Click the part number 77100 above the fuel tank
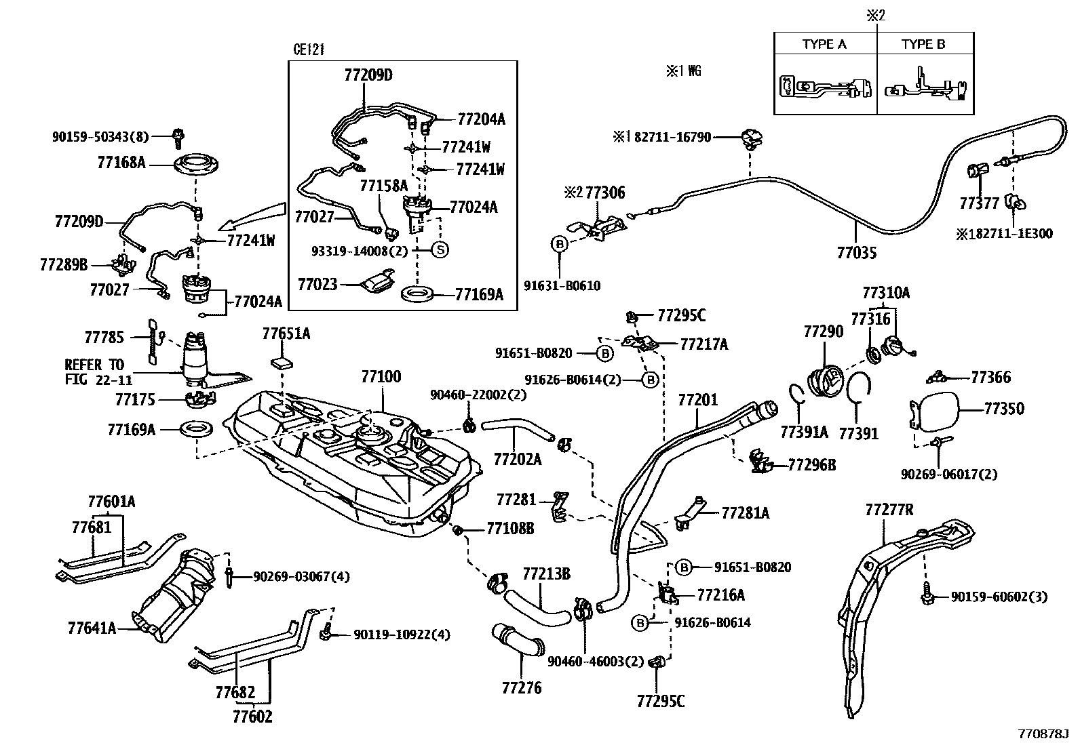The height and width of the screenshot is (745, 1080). tap(381, 376)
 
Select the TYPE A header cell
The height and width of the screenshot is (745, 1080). tap(824, 44)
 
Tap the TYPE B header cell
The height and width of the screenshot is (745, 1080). tap(923, 44)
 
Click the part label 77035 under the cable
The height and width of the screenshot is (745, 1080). tap(857, 253)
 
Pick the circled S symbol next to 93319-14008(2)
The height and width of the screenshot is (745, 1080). tap(440, 249)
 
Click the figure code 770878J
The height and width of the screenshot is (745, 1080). tap(1043, 734)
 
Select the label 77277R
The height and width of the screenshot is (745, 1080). tap(889, 510)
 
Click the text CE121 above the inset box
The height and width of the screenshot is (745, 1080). tap(309, 49)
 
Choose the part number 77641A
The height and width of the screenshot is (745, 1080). tap(93, 628)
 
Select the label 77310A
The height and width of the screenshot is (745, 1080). tap(886, 293)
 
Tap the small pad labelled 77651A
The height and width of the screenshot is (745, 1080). tap(282, 361)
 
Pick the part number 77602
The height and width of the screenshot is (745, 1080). tap(252, 716)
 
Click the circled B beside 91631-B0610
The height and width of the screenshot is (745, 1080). tap(560, 244)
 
